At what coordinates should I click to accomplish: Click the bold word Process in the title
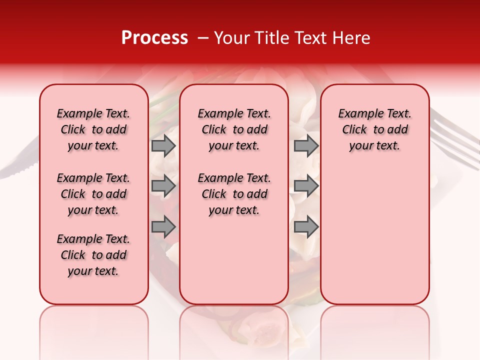click(x=154, y=38)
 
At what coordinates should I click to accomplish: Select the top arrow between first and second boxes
click(x=163, y=145)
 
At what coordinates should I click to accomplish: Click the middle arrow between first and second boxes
click(x=163, y=186)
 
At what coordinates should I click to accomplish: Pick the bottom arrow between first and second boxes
click(x=163, y=227)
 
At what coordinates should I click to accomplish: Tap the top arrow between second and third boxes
click(x=306, y=145)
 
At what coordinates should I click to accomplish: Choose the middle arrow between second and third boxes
click(x=306, y=186)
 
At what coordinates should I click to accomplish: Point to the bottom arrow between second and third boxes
click(x=306, y=227)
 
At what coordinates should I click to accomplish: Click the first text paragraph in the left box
click(x=93, y=129)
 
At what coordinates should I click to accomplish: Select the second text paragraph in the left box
click(x=93, y=194)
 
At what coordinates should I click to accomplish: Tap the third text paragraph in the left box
click(x=93, y=255)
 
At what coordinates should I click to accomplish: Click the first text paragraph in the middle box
click(x=234, y=129)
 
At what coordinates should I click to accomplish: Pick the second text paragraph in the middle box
click(x=234, y=194)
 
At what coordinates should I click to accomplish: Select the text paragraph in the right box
click(x=374, y=129)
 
